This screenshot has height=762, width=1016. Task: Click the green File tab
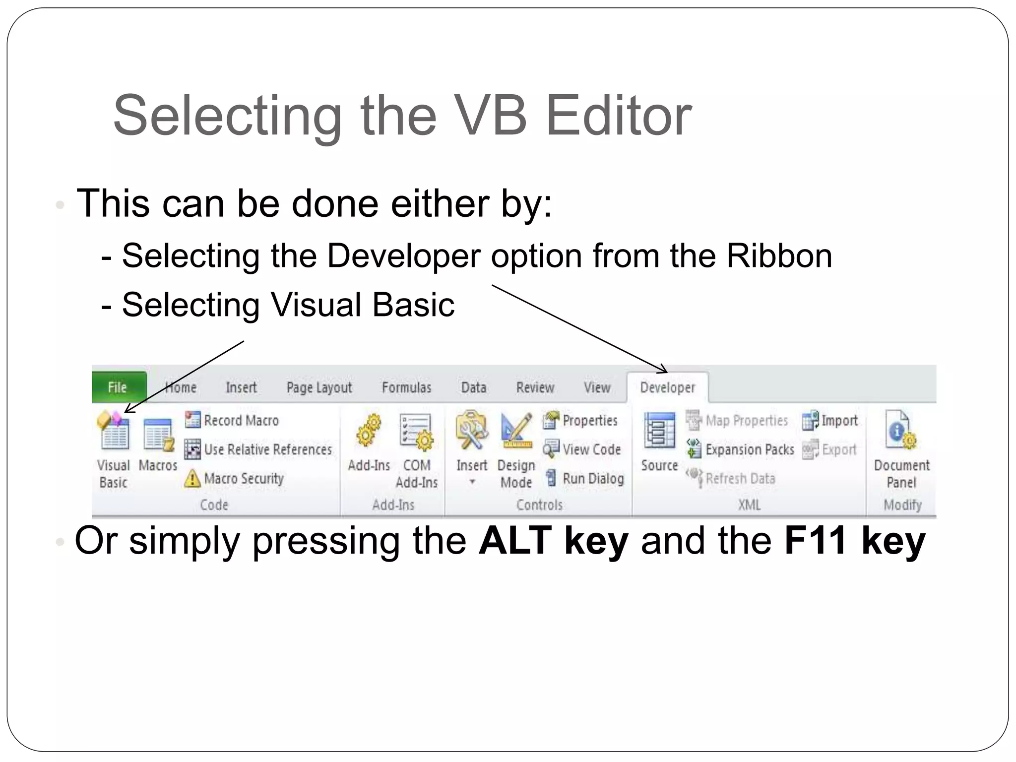click(119, 387)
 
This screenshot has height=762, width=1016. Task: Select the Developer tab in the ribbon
click(667, 387)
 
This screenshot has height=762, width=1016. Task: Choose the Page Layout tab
click(319, 387)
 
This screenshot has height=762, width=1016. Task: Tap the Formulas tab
click(406, 387)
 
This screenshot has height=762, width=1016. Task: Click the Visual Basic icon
click(114, 431)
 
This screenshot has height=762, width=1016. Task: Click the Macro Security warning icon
click(192, 479)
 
